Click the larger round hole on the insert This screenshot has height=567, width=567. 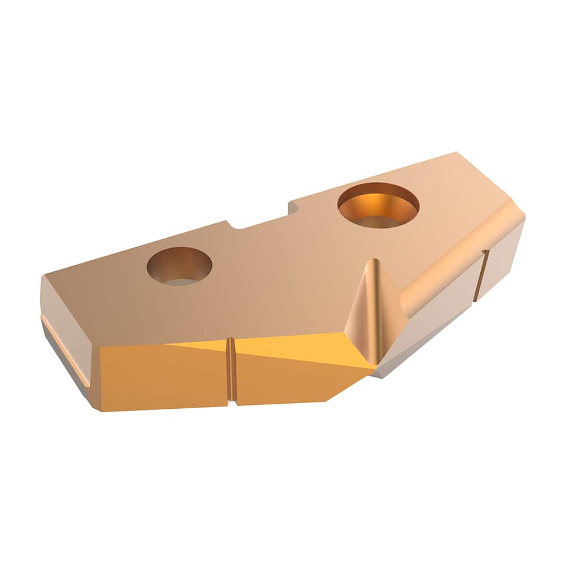coord(378,205)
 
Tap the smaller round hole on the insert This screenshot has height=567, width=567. coord(179,265)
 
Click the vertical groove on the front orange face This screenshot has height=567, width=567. coord(231,371)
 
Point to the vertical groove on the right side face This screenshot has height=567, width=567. coord(481,275)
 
